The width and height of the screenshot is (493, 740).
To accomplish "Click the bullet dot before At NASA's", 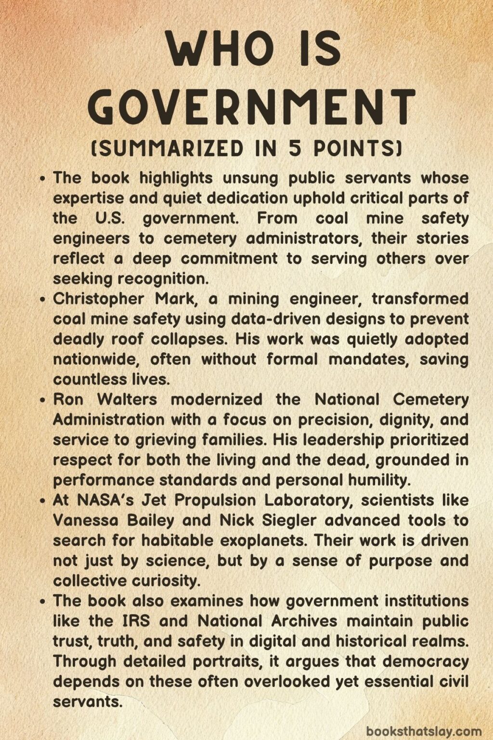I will (43, 501).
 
